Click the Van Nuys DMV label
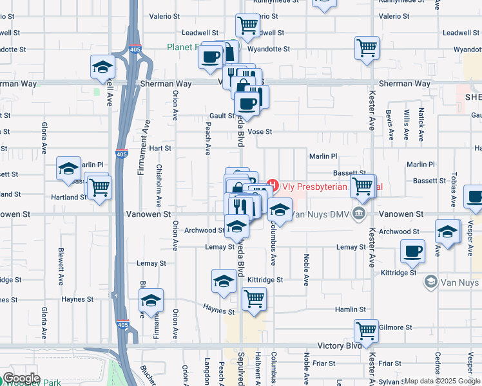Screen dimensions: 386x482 pyautogui.click(x=321, y=214)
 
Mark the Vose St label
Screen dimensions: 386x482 pyautogui.click(x=260, y=132)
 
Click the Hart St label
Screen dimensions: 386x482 pyautogui.click(x=160, y=148)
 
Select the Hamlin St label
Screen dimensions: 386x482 pyautogui.click(x=351, y=309)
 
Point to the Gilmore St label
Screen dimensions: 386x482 pyautogui.click(x=395, y=327)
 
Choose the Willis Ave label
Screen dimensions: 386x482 pyautogui.click(x=406, y=125)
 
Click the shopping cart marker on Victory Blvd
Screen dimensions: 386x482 pyautogui.click(x=366, y=331)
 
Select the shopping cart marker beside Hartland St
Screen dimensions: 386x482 pyautogui.click(x=99, y=188)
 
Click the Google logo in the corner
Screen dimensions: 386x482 pyautogui.click(x=21, y=378)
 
